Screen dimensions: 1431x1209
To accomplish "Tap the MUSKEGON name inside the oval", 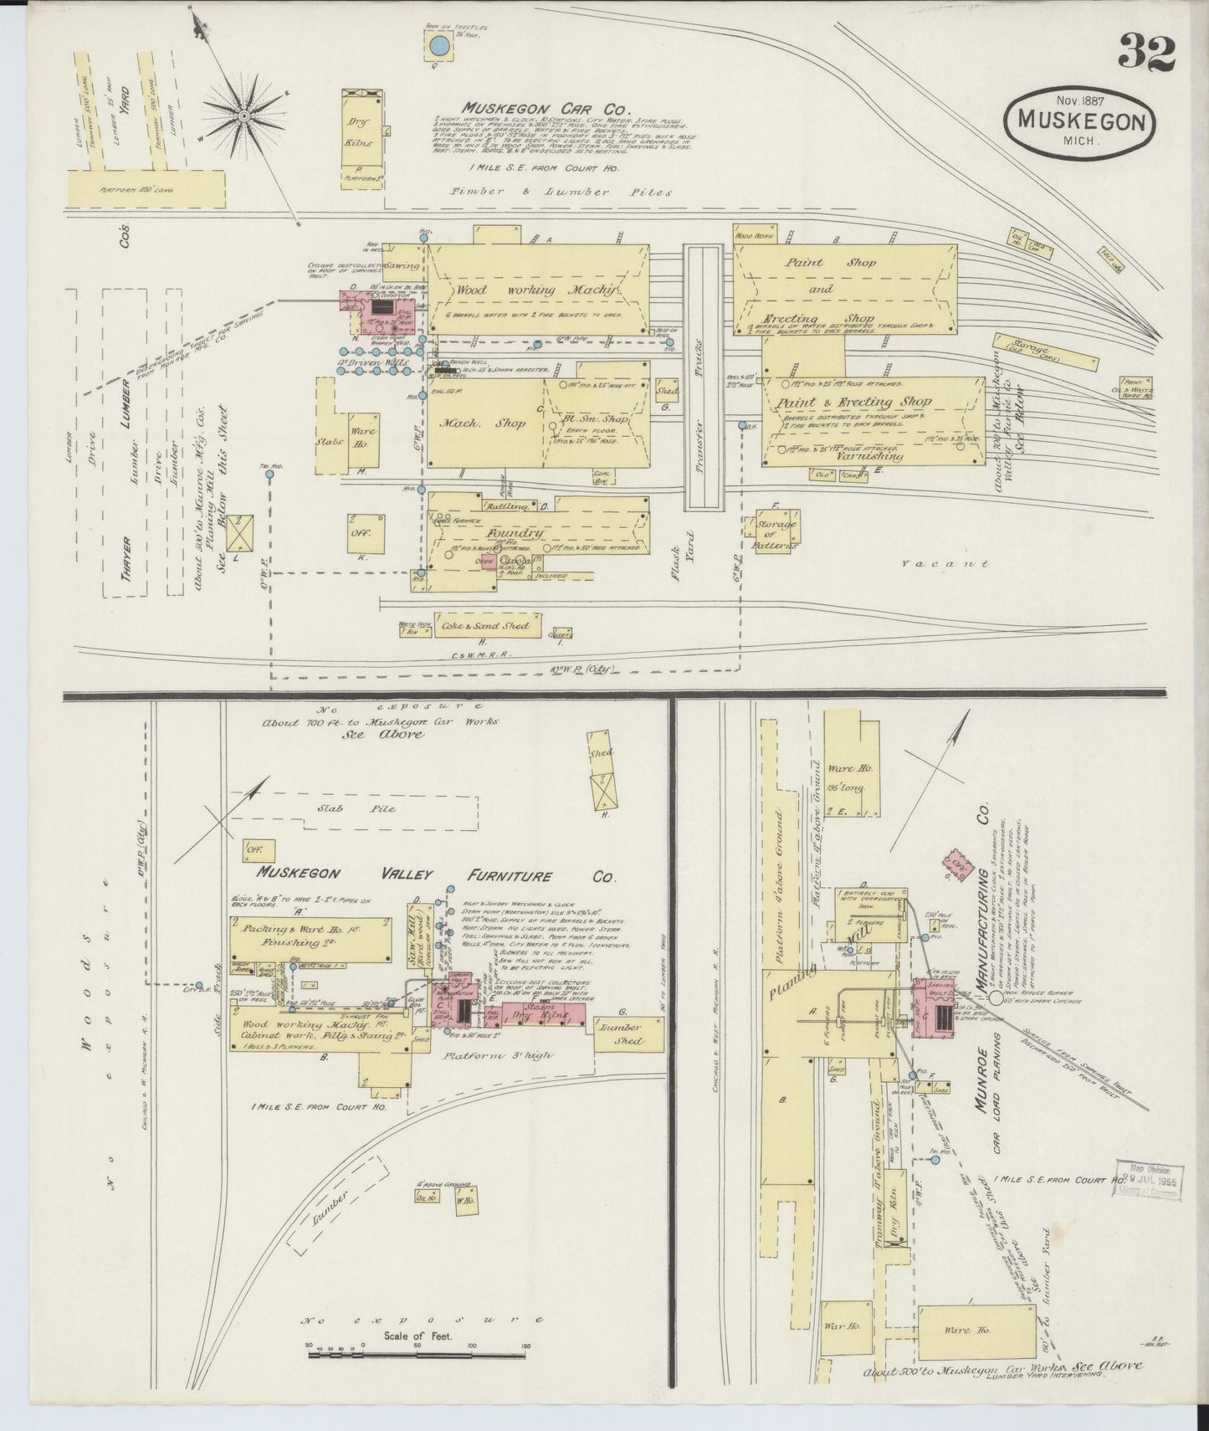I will [x=1081, y=121].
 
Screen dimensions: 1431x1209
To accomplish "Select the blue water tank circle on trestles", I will [x=438, y=49].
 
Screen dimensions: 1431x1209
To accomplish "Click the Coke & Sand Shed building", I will [x=487, y=625].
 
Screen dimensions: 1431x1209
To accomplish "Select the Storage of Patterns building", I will [x=776, y=531].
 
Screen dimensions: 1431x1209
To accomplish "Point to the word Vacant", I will [x=946, y=564].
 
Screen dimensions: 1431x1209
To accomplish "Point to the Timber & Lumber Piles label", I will [x=551, y=192].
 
